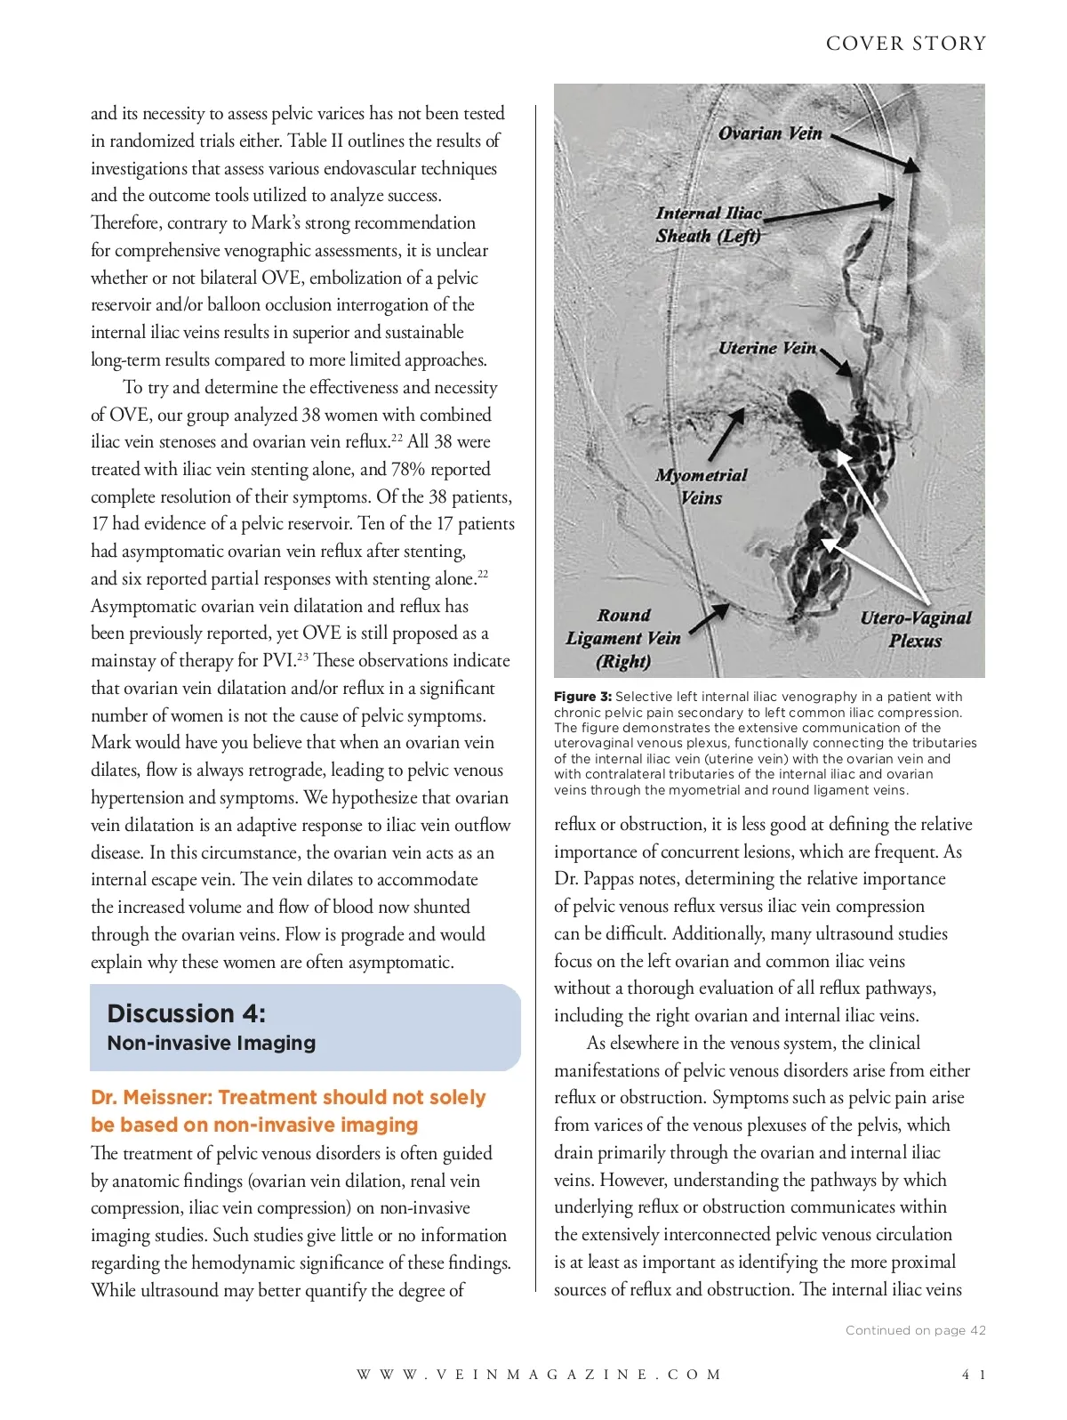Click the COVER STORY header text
click(x=905, y=44)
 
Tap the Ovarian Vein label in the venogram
click(x=770, y=133)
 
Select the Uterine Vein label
click(x=766, y=348)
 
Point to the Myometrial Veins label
click(x=701, y=486)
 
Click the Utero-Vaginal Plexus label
click(x=915, y=628)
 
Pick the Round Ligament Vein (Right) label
click(x=623, y=638)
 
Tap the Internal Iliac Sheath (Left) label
click(x=709, y=224)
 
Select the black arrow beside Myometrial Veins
click(x=726, y=437)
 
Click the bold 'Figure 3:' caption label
click(x=582, y=697)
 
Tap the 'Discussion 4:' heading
click(x=186, y=1013)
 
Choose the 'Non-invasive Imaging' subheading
click(x=211, y=1043)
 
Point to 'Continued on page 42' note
click(x=915, y=1330)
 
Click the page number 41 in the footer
click(x=974, y=1375)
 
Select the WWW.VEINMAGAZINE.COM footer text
click(x=539, y=1375)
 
